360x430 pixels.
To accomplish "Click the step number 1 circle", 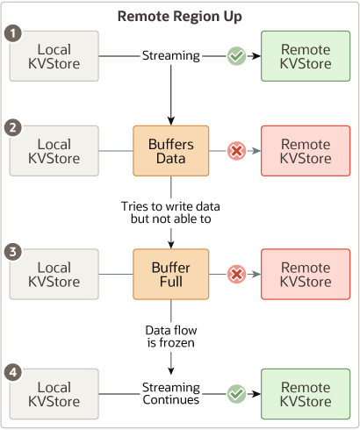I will [11, 33].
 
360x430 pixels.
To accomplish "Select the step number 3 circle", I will [11, 252].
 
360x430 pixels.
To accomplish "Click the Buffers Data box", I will [170, 151].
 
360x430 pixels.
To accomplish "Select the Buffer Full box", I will [170, 274].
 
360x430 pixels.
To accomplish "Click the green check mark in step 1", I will [236, 56].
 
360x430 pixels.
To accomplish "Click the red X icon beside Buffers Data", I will [236, 152].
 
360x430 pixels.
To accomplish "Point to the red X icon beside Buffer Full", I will [236, 275].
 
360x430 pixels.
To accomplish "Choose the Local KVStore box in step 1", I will [54, 56].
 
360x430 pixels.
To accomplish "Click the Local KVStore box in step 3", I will [54, 275].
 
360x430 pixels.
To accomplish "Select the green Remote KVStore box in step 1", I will [306, 56].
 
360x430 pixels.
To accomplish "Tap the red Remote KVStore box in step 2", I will [306, 151].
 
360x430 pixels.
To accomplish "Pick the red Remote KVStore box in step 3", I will [306, 275].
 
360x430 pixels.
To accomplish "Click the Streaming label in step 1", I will [170, 56].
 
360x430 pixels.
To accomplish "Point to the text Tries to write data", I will [170, 206].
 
